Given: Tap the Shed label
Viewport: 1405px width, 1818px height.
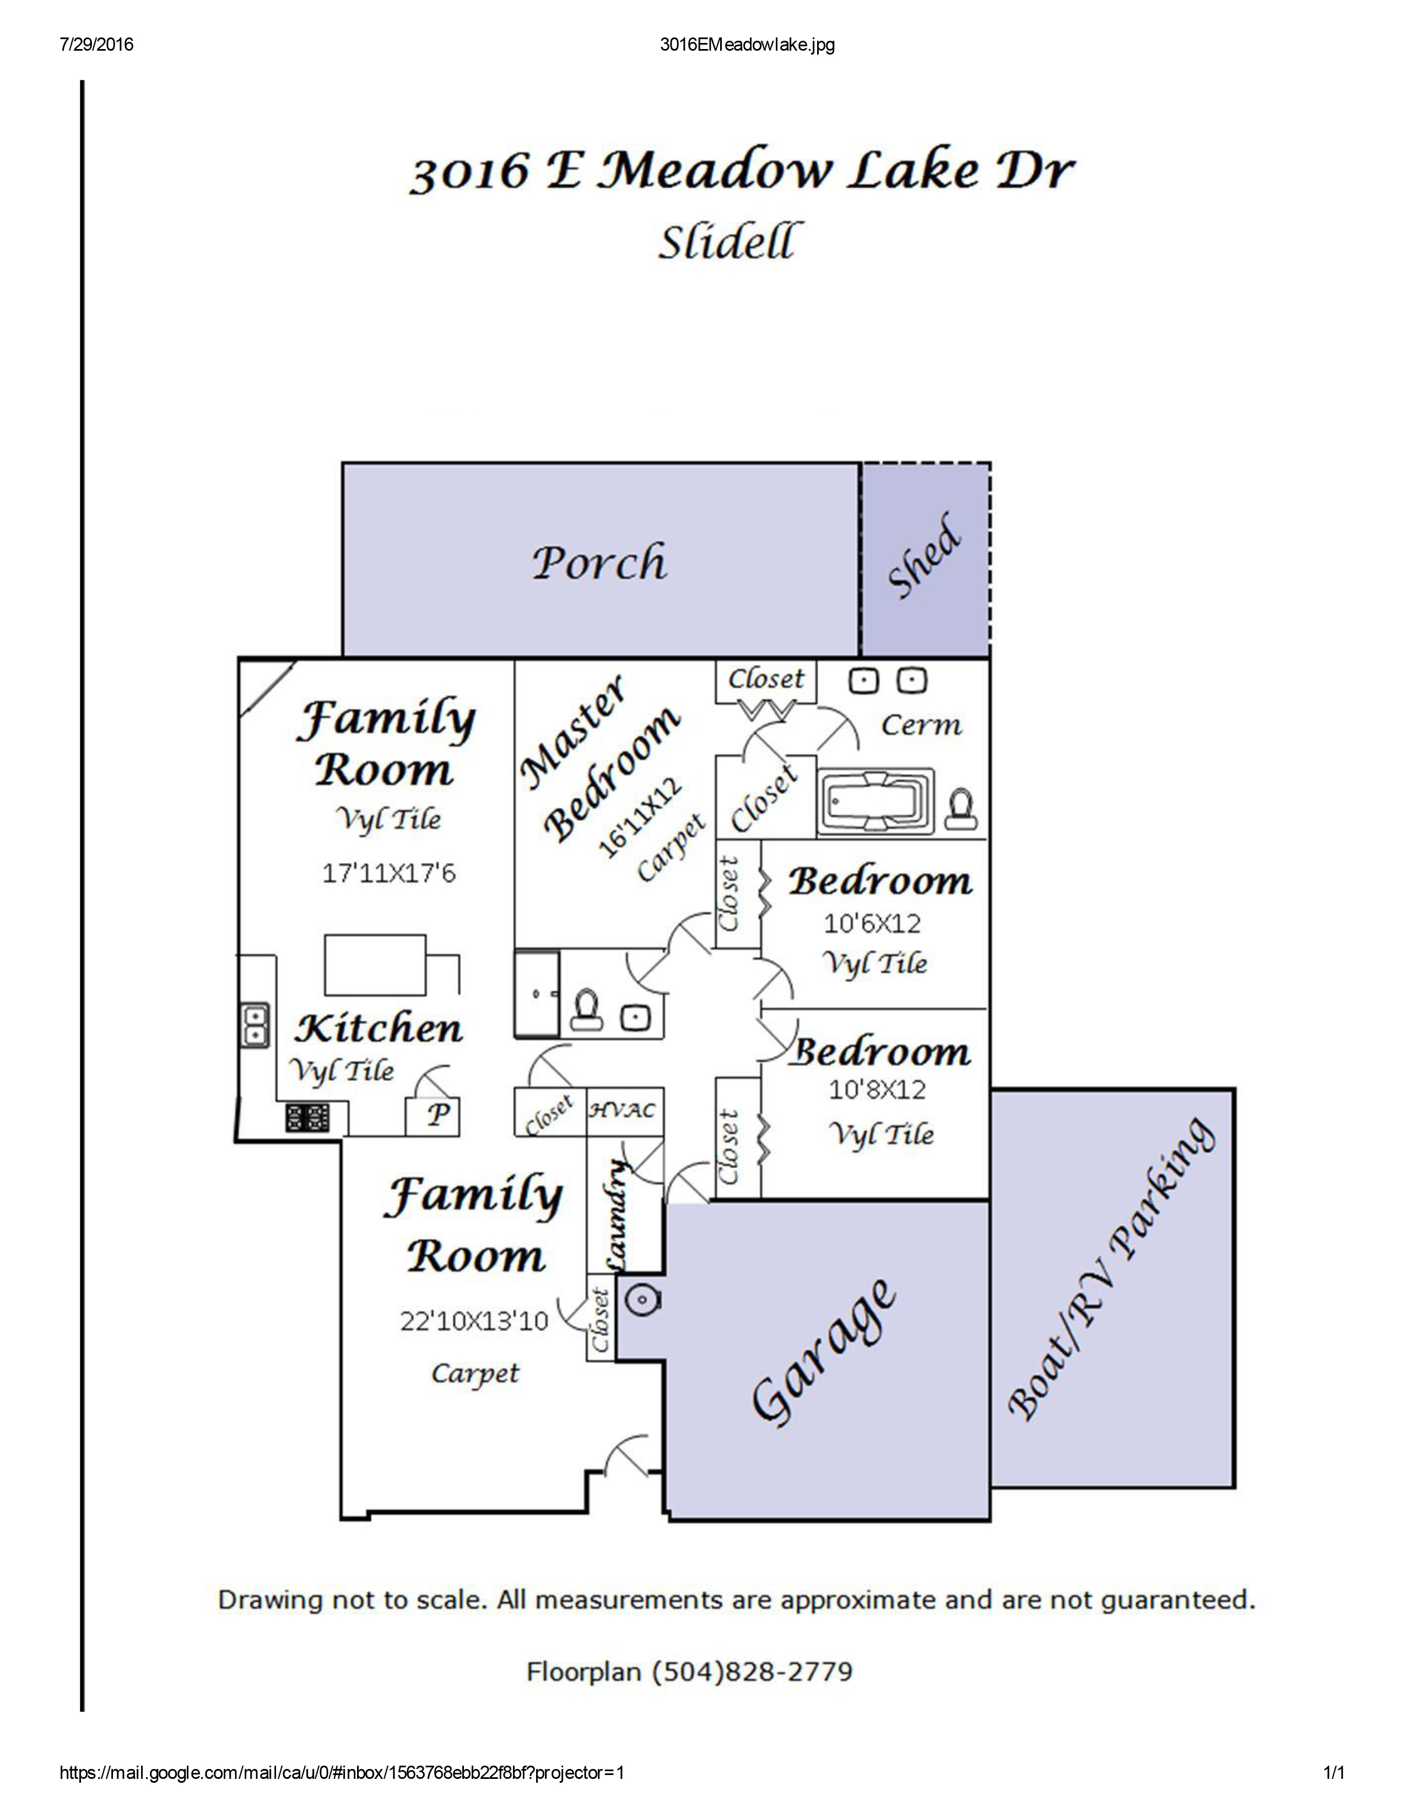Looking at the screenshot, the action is (925, 555).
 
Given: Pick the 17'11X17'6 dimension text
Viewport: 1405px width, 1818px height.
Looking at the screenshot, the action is (388, 873).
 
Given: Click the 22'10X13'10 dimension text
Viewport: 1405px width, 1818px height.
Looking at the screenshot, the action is (474, 1321).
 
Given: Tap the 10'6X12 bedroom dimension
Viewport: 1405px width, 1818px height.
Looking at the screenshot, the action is (872, 923).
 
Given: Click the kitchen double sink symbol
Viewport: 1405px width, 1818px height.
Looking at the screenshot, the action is (255, 1024).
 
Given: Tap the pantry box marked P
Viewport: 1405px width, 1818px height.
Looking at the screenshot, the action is (433, 1116).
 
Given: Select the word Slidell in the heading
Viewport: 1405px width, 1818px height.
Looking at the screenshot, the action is (725, 242).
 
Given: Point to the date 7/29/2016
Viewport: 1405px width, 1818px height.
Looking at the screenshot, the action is (96, 45).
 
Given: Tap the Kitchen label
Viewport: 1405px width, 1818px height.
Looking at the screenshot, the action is (379, 1029).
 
